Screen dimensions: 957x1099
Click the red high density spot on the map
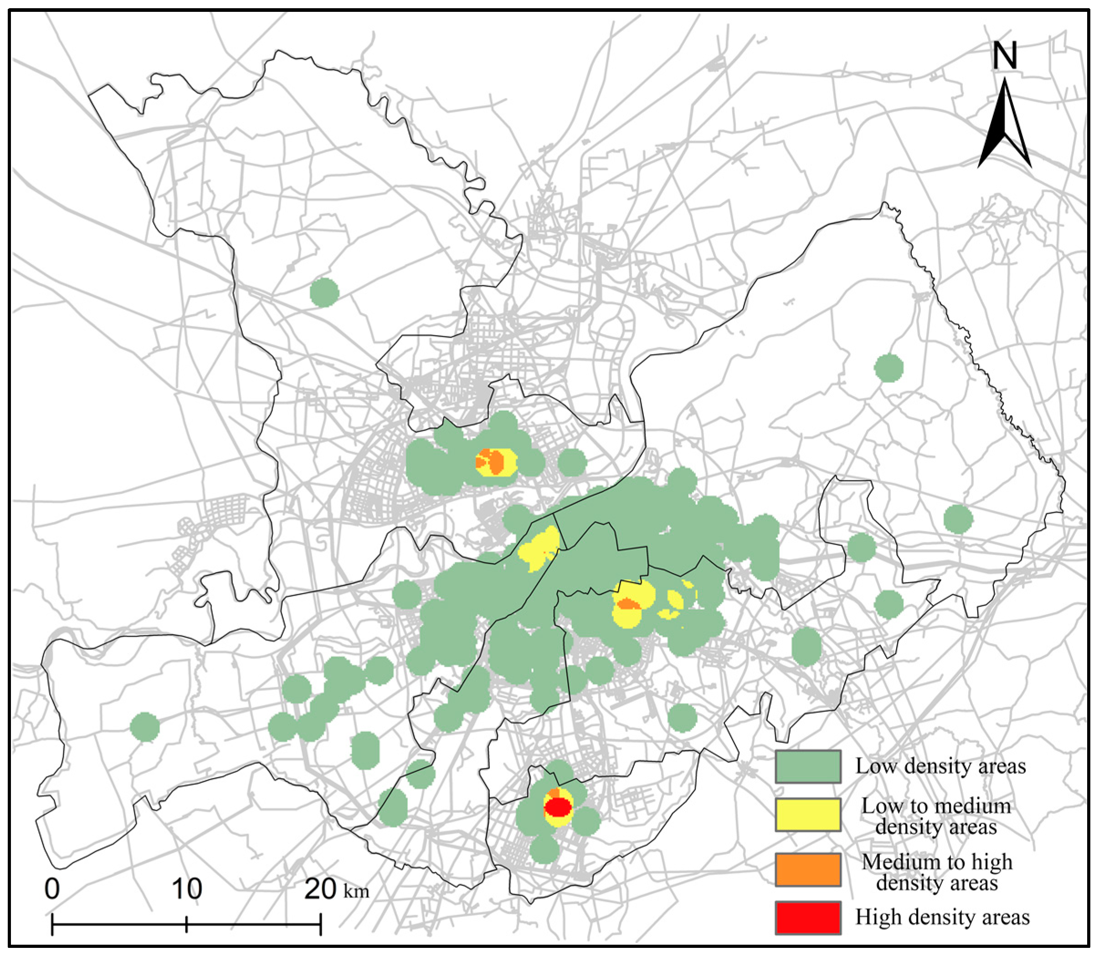(558, 807)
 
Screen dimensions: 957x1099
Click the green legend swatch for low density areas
(807, 767)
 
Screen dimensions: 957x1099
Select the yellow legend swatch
(807, 815)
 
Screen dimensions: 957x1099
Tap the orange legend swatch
(807, 870)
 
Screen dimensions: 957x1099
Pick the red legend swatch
(807, 918)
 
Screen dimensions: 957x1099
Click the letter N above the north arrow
(1005, 56)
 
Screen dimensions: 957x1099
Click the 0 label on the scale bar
(52, 889)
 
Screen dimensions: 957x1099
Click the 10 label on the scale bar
(186, 889)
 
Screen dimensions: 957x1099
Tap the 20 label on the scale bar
(320, 889)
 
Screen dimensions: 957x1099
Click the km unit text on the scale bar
(356, 892)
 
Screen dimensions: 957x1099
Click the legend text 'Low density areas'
(940, 767)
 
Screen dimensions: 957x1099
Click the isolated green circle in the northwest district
(324, 292)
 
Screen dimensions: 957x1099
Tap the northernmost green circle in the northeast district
(888, 368)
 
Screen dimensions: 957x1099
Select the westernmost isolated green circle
(145, 727)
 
